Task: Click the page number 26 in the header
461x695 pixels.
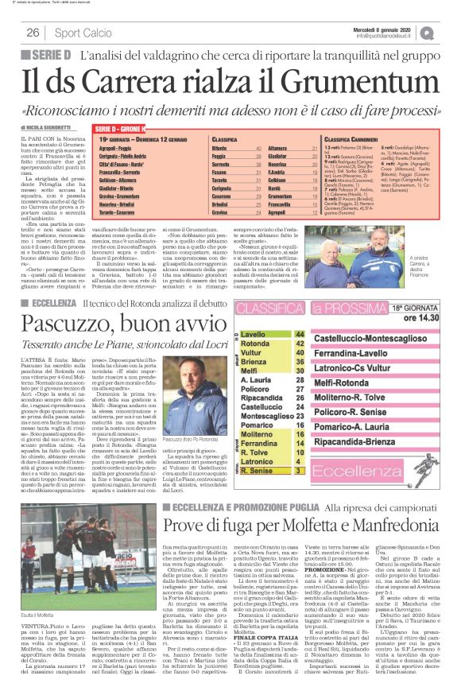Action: pos(33,33)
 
